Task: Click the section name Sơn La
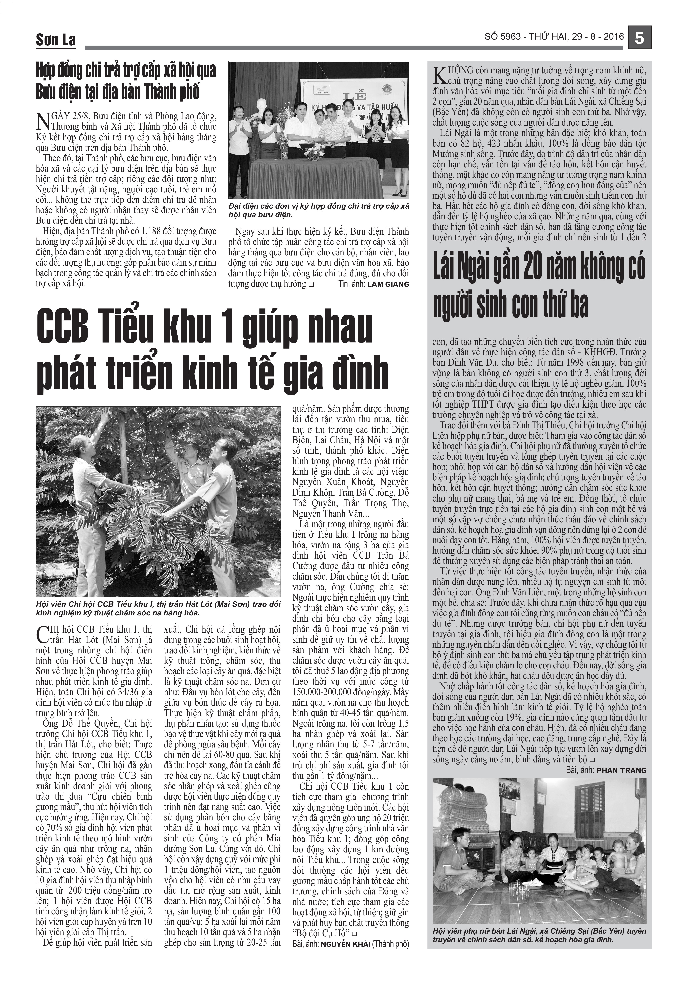coord(56,40)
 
